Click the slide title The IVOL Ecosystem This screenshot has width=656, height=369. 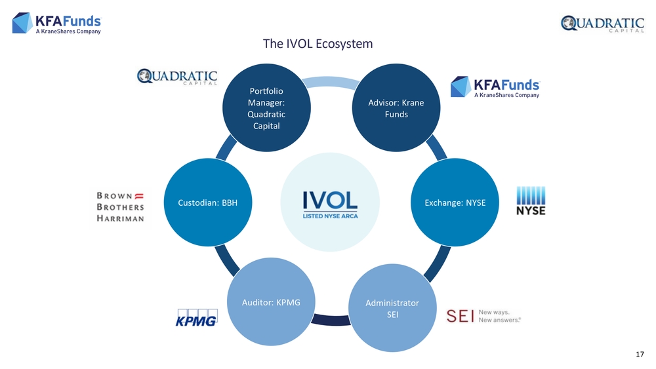tap(318, 44)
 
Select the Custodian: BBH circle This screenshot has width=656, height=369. tap(207, 202)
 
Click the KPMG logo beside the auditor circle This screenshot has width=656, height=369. tap(197, 317)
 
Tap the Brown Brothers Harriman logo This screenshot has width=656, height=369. tap(121, 207)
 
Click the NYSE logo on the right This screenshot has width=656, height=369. tap(530, 201)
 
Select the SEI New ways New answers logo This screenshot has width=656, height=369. tap(483, 315)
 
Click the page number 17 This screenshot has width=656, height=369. tap(640, 355)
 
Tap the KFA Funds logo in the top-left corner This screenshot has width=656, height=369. tap(58, 24)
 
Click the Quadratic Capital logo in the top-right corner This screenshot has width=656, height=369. tap(602, 24)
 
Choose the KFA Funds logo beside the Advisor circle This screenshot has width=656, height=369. tap(495, 87)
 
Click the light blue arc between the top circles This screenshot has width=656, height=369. tap(331, 82)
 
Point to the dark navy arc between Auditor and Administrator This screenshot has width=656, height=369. tap(331, 320)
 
